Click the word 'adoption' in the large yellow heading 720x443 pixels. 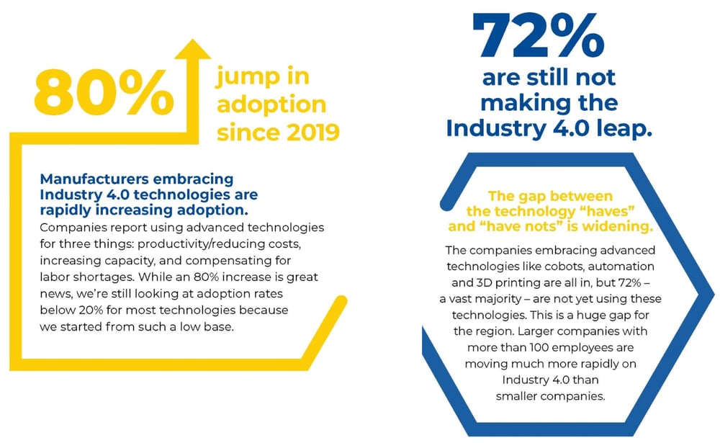[x=271, y=104]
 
